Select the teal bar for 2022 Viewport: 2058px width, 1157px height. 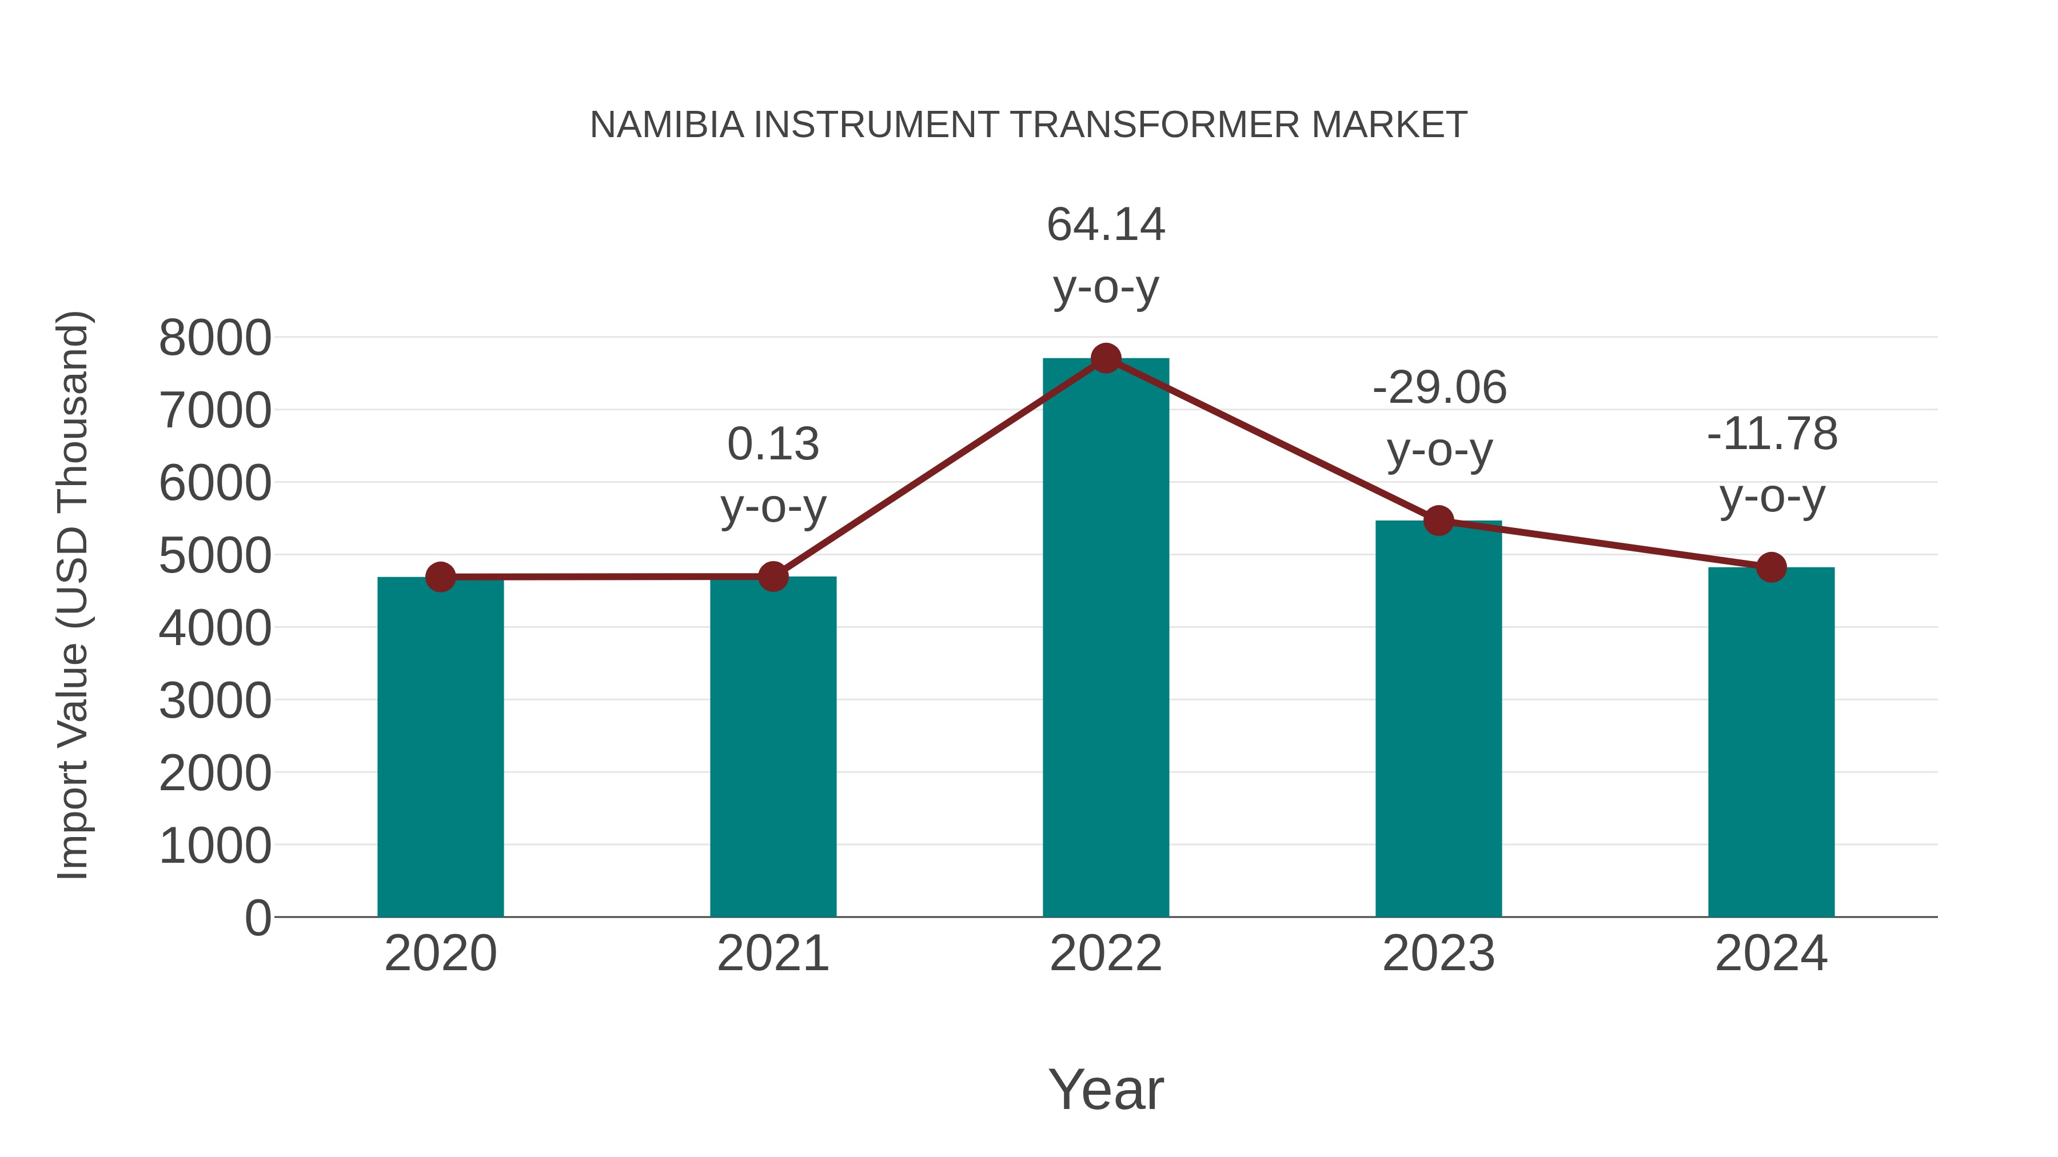[1106, 639]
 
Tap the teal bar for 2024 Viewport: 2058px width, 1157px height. [1771, 743]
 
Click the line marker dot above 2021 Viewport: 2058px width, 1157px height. [772, 576]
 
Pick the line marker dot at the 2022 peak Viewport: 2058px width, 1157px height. [1106, 358]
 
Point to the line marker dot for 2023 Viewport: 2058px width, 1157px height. [1438, 521]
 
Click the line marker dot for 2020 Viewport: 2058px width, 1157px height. [440, 577]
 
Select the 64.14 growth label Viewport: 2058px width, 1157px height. [1106, 225]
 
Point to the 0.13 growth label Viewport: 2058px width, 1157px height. [772, 444]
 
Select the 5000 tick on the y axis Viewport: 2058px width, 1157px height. [215, 556]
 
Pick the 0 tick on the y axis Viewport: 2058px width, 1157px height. [257, 918]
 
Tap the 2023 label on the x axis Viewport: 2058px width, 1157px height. [1438, 954]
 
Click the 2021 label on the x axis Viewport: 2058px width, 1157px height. [772, 954]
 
